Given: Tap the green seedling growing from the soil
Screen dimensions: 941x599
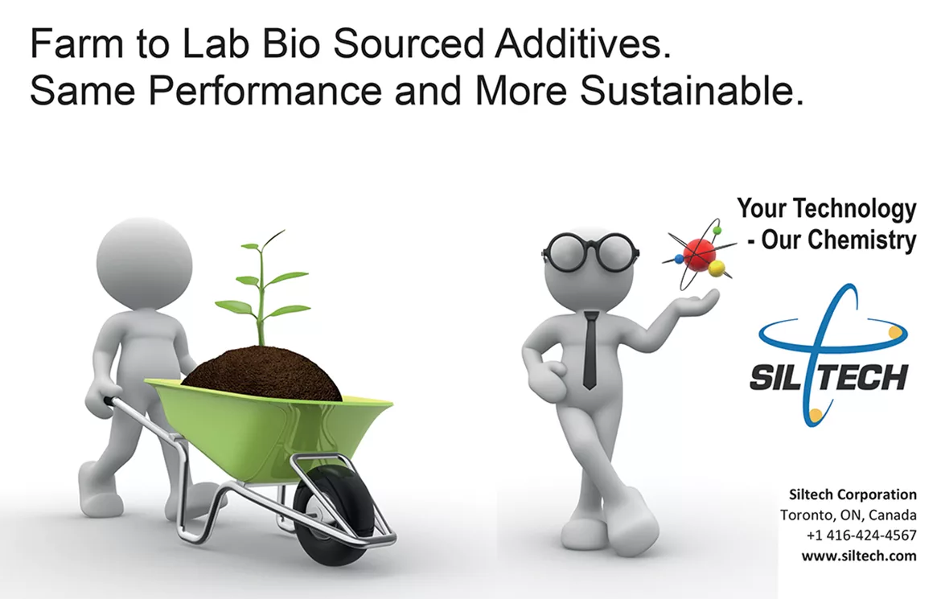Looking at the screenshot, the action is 262,288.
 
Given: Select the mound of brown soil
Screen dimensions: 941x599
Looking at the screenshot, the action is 261,373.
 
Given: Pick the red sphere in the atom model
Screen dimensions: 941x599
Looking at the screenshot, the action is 699,252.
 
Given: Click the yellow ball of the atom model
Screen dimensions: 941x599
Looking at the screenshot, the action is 717,269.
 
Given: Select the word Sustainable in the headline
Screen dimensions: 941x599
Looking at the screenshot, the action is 692,91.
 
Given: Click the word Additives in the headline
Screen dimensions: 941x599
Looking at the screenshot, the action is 582,44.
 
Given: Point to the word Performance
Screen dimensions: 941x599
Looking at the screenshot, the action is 265,91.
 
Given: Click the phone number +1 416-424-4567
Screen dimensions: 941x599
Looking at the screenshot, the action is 861,535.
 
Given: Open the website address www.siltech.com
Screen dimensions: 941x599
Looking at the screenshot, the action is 859,556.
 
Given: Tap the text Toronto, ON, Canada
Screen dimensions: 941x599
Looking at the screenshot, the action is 849,515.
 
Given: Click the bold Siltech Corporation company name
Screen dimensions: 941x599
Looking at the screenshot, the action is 853,494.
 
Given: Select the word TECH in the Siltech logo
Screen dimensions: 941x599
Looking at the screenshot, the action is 864,378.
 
